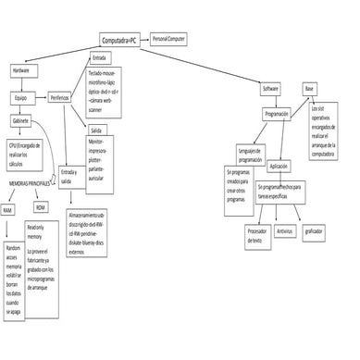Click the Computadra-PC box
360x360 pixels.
tap(122, 41)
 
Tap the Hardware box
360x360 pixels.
tap(20, 70)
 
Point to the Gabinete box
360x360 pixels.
tap(19, 121)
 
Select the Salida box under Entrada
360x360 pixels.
tap(95, 131)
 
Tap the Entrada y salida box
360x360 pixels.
tap(68, 176)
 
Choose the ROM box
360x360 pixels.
tap(41, 209)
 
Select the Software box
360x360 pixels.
tap(270, 88)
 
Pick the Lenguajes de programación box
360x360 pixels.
tap(250, 155)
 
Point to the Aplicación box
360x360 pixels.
tap(279, 166)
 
